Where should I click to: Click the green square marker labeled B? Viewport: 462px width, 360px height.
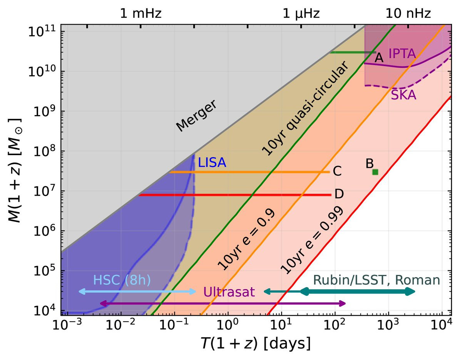coord(375,172)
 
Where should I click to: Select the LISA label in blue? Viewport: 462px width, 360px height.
coord(212,163)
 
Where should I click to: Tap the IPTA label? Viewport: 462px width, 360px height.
coord(402,54)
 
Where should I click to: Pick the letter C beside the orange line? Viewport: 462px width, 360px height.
coord(338,172)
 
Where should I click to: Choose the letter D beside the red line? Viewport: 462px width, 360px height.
coord(339,194)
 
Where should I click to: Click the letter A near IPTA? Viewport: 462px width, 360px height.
coord(379,58)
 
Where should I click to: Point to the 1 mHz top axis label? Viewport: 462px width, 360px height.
coord(141,14)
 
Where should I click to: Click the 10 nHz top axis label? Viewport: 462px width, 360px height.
coord(408,14)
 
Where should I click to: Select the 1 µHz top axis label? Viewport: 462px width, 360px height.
coord(301,14)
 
